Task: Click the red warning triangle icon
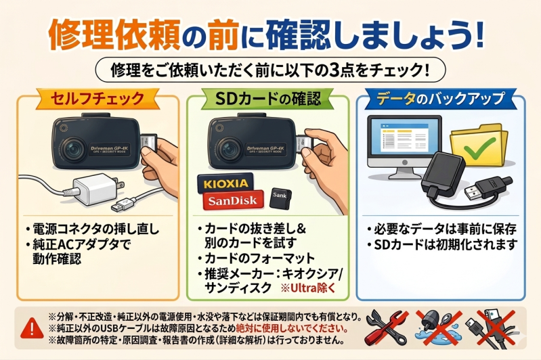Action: [32, 328]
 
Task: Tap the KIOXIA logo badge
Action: [225, 183]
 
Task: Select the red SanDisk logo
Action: [233, 200]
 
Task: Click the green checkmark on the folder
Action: [479, 148]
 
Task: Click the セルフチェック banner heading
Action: [98, 98]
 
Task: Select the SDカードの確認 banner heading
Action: [267, 99]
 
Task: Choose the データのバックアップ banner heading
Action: [440, 99]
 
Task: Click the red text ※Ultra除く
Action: [308, 288]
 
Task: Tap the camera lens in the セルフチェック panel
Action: [72, 149]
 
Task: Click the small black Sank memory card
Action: [280, 198]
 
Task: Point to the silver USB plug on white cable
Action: [123, 205]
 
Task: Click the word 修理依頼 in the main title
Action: [114, 35]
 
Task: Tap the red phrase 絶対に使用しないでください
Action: [292, 328]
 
